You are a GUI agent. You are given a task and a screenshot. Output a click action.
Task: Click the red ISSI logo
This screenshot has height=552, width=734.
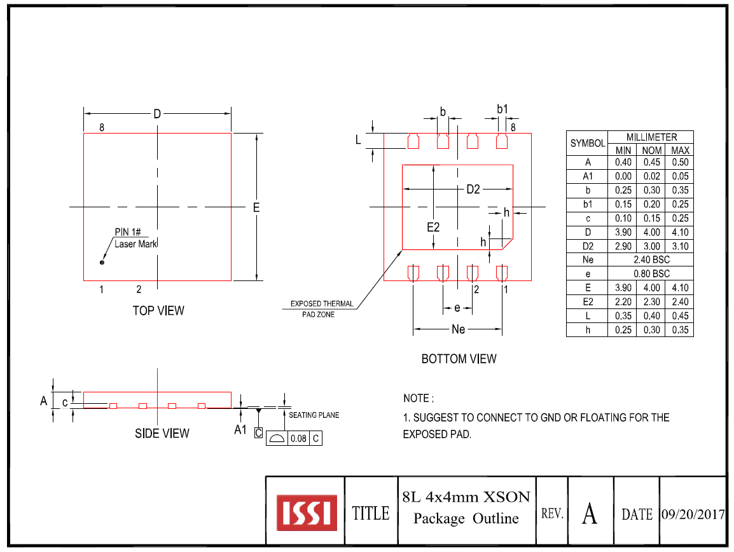pyautogui.click(x=307, y=512)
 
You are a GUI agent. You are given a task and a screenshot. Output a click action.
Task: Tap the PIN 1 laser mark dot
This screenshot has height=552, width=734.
pyautogui.click(x=102, y=262)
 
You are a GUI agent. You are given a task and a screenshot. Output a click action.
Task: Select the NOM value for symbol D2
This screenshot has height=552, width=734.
pyautogui.click(x=651, y=246)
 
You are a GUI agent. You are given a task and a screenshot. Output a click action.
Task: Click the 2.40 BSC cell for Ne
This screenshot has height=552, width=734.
pyautogui.click(x=651, y=260)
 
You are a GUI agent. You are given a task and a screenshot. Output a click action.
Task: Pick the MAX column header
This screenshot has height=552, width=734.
pyautogui.click(x=680, y=151)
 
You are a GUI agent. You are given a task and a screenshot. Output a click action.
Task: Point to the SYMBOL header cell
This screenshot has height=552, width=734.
pyautogui.click(x=587, y=144)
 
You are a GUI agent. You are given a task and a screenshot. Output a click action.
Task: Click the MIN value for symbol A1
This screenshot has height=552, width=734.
pyautogui.click(x=623, y=176)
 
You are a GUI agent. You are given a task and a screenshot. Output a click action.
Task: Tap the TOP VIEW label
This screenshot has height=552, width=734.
pyautogui.click(x=158, y=310)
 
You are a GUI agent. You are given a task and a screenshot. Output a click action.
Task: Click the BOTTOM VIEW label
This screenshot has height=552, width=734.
pyautogui.click(x=459, y=359)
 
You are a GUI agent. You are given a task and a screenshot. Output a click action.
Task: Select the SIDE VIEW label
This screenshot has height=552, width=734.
pyautogui.click(x=162, y=433)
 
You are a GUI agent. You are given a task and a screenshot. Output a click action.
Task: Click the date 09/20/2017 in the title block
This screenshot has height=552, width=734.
pyautogui.click(x=693, y=514)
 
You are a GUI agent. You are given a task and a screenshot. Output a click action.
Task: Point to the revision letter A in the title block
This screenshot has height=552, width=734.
pyautogui.click(x=590, y=513)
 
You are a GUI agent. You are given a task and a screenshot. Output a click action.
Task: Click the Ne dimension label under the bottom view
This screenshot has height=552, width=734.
pyautogui.click(x=458, y=329)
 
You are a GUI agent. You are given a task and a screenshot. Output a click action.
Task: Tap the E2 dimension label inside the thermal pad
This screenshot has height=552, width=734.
pyautogui.click(x=433, y=227)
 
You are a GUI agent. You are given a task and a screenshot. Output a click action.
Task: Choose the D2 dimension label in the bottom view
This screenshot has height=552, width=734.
pyautogui.click(x=473, y=190)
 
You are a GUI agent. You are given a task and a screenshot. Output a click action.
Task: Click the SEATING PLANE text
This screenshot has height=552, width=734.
pyautogui.click(x=314, y=415)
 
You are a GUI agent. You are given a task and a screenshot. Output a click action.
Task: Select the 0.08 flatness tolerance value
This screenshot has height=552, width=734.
pyautogui.click(x=297, y=438)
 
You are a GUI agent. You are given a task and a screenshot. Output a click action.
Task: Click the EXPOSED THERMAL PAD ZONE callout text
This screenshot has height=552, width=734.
pyautogui.click(x=322, y=308)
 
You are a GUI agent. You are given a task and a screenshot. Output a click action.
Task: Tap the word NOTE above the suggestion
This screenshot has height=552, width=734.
pyautogui.click(x=417, y=398)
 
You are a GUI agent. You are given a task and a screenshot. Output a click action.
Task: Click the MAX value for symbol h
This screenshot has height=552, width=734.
pyautogui.click(x=680, y=330)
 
